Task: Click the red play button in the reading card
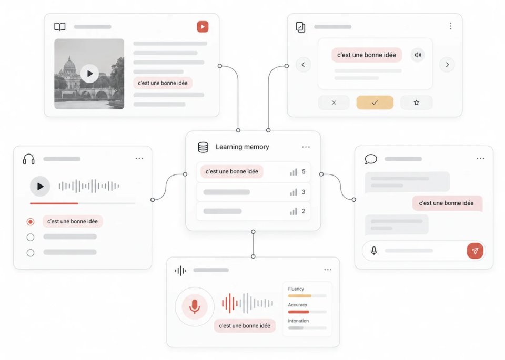203,27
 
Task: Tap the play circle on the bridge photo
89,74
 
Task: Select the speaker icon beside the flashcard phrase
418,55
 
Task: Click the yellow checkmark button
375,102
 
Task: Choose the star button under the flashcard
417,102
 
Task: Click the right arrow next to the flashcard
447,65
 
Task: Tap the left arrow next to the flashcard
303,65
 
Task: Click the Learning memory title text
242,147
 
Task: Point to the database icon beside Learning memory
203,147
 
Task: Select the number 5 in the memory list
304,172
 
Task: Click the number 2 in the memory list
304,211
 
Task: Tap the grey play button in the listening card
40,186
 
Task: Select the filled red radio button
31,222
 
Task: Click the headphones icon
28,159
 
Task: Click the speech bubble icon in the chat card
371,159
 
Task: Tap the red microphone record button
195,306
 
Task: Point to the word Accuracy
298,305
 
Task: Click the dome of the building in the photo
69,64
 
